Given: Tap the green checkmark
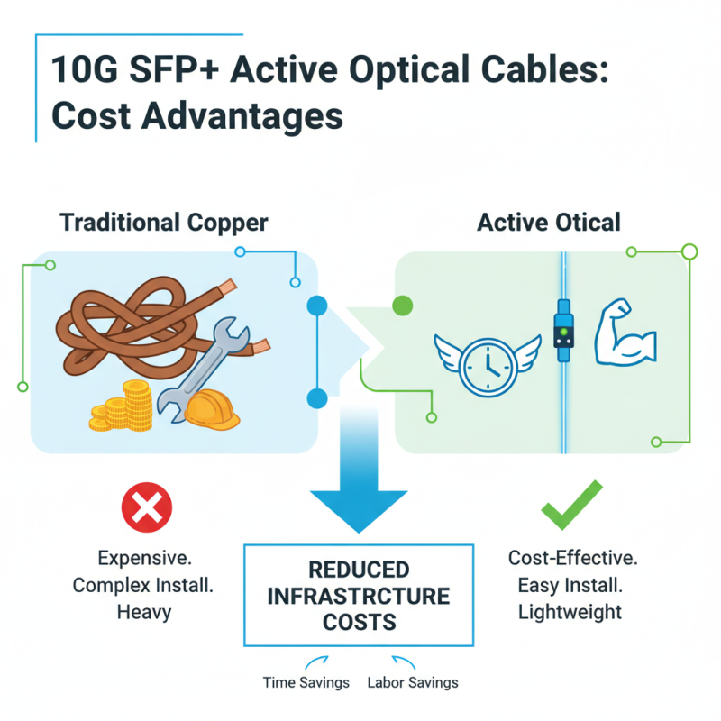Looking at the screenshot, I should [x=571, y=507].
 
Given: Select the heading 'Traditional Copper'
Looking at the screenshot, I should [x=163, y=222].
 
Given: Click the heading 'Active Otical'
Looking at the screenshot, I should [x=550, y=222].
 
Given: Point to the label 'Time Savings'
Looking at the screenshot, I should [x=306, y=682].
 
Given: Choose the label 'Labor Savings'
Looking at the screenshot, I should [x=413, y=682].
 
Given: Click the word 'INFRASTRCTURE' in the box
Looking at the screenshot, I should [x=360, y=596].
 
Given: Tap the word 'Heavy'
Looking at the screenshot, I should [x=143, y=612].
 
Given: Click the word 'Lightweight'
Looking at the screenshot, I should [x=570, y=612].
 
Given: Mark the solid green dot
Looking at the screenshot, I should [x=403, y=306].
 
